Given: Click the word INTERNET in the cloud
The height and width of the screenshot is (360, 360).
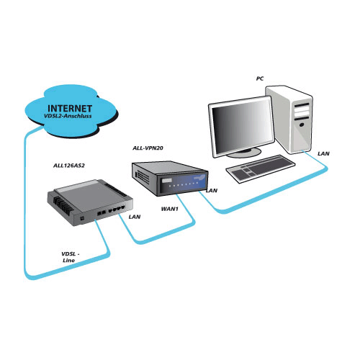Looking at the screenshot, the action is (70, 109).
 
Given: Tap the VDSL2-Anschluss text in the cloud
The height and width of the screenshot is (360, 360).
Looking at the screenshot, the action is (68, 116).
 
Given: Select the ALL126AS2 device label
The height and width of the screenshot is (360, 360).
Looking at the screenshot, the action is (69, 166).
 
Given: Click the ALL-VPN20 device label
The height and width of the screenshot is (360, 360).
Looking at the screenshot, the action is (148, 148).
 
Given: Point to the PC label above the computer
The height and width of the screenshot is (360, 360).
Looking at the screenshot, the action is (260, 78).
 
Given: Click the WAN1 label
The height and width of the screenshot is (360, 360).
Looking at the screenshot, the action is (170, 209).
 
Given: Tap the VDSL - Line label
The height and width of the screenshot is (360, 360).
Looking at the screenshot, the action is (70, 257).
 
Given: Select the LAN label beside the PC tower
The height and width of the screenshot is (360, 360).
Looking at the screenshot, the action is (323, 153).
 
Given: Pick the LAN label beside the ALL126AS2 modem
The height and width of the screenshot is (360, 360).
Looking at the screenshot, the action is (135, 217).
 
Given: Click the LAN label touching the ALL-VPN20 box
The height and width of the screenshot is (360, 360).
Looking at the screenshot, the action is (212, 191).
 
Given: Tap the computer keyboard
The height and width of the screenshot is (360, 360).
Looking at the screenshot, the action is (261, 168).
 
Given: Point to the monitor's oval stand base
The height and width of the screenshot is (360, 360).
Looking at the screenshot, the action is (244, 153).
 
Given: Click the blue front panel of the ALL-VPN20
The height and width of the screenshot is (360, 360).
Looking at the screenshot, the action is (182, 184).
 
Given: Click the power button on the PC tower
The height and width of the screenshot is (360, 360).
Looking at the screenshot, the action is (302, 125).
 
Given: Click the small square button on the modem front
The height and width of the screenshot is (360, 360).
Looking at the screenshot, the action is (82, 219).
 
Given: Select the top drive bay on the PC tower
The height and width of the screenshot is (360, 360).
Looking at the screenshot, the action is (302, 105).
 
